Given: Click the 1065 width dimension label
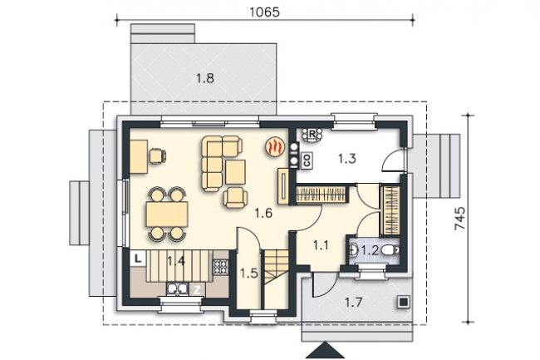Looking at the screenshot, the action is [264, 12].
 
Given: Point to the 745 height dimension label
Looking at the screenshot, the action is [460, 218].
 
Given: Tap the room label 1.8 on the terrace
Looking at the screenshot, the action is [205, 78].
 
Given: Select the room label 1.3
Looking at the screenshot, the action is [346, 159].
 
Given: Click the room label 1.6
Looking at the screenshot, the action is [264, 214].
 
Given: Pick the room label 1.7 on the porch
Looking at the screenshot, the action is [354, 303].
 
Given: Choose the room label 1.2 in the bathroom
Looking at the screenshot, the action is [371, 250].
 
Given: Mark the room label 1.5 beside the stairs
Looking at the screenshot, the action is [249, 274].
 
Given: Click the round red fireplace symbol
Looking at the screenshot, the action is [275, 147].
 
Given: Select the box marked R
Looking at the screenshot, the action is [312, 135].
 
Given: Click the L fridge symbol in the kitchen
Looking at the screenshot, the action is [138, 259].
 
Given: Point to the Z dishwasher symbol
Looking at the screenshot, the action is [197, 290].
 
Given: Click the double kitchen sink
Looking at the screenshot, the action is [177, 288].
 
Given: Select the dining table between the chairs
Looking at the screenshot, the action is [167, 215].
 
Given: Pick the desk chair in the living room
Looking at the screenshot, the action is [158, 155].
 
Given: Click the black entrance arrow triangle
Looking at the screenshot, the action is [324, 350].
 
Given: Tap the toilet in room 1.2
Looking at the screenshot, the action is [391, 249].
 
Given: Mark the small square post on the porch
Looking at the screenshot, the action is [403, 302].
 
